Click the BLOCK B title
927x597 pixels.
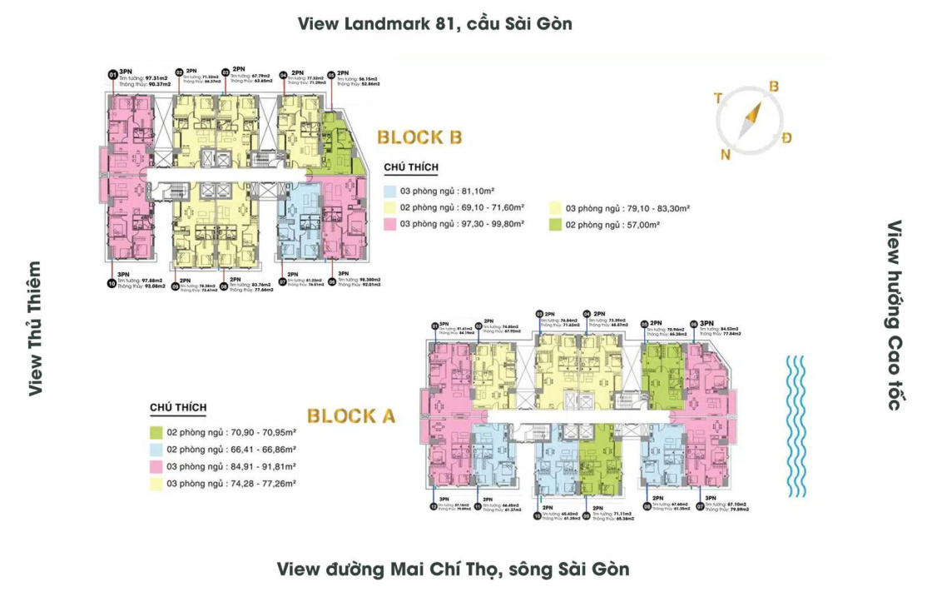pos(419,137)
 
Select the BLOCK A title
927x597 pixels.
pos(350,415)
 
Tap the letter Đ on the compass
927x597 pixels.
pos(786,137)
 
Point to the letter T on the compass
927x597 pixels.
pos(717,97)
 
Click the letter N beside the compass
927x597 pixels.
pos(725,154)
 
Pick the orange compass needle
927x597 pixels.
pos(752,117)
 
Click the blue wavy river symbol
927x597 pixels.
pos(797,424)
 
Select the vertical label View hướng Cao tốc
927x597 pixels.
pos(895,316)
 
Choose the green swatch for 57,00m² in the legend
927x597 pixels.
pos(556,225)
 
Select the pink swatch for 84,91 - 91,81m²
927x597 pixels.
pos(156,466)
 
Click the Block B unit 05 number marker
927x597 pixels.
pos(331,73)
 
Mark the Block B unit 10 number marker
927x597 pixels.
pos(112,283)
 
